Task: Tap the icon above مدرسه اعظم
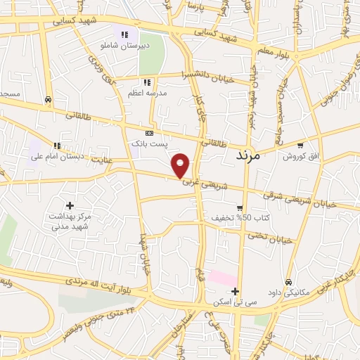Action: click(146, 82)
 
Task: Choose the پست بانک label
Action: click(150, 143)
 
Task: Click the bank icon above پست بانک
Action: click(149, 132)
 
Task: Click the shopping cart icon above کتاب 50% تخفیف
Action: click(240, 208)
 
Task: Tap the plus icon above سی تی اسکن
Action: click(236, 291)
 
